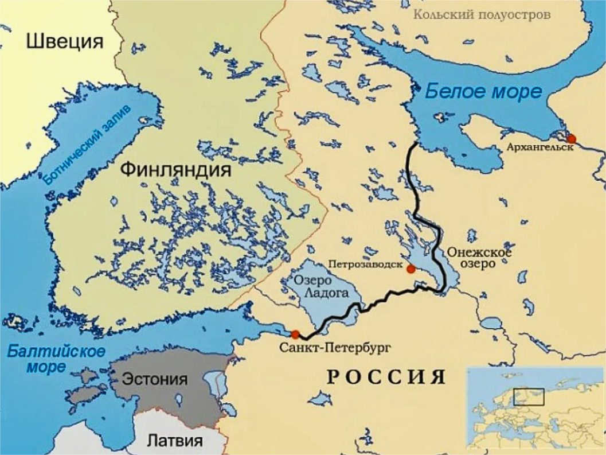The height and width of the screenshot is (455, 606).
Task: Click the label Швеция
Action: [x=65, y=41]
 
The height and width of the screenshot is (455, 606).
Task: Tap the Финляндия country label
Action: [x=176, y=169]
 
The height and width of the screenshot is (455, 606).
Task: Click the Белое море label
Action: [x=483, y=91]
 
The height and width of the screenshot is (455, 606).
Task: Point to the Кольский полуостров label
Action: [x=482, y=14]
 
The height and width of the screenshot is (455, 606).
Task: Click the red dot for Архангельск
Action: [x=571, y=138]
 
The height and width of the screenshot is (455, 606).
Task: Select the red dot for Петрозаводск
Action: [x=410, y=269]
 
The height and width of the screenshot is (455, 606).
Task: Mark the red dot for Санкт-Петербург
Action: [x=295, y=334]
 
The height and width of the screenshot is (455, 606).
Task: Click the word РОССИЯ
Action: [x=386, y=377]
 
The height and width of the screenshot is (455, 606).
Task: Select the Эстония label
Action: [x=155, y=379]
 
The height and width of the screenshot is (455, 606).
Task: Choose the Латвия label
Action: [x=175, y=441]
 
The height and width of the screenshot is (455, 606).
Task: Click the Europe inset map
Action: [x=535, y=407]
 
